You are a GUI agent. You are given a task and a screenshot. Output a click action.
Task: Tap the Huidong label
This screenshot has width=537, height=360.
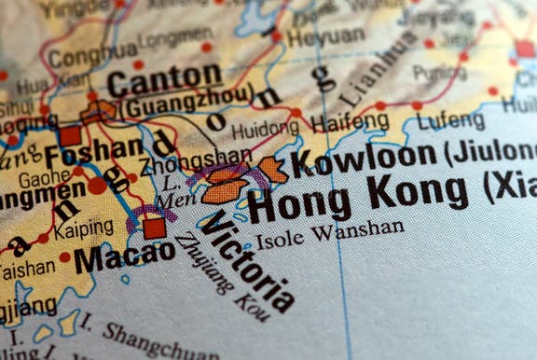pyautogui.click(x=266, y=129)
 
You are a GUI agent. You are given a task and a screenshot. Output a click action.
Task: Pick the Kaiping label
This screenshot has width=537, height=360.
pyautogui.click(x=83, y=227)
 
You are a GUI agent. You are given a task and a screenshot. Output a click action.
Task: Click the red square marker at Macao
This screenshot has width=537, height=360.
pyautogui.click(x=155, y=228)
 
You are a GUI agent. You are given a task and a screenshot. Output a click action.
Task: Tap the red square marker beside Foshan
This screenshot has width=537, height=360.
pyautogui.click(x=70, y=135)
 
